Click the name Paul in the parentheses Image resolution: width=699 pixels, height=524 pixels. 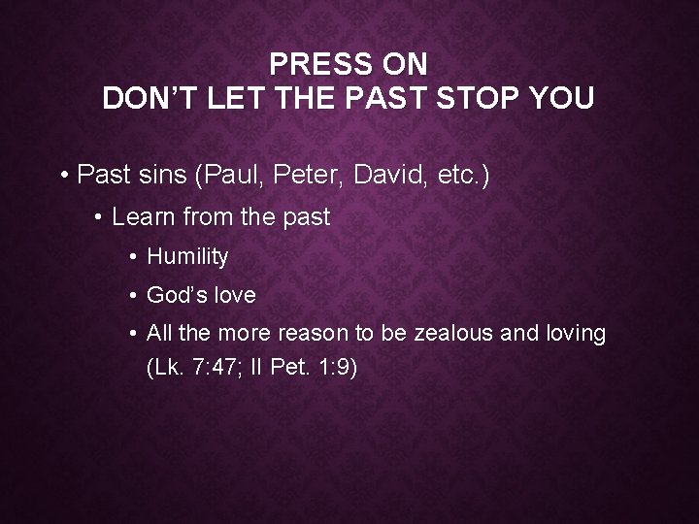tap(234, 176)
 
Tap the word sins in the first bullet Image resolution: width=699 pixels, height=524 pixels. tap(162, 176)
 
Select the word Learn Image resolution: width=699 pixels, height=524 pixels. tap(142, 217)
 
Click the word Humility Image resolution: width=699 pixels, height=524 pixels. tap(187, 257)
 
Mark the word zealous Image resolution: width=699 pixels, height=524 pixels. tap(454, 334)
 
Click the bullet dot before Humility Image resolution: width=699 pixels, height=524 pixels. tap(132, 257)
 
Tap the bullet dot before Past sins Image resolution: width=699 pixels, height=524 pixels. tap(63, 177)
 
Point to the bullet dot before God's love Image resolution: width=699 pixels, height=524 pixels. tap(132, 295)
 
